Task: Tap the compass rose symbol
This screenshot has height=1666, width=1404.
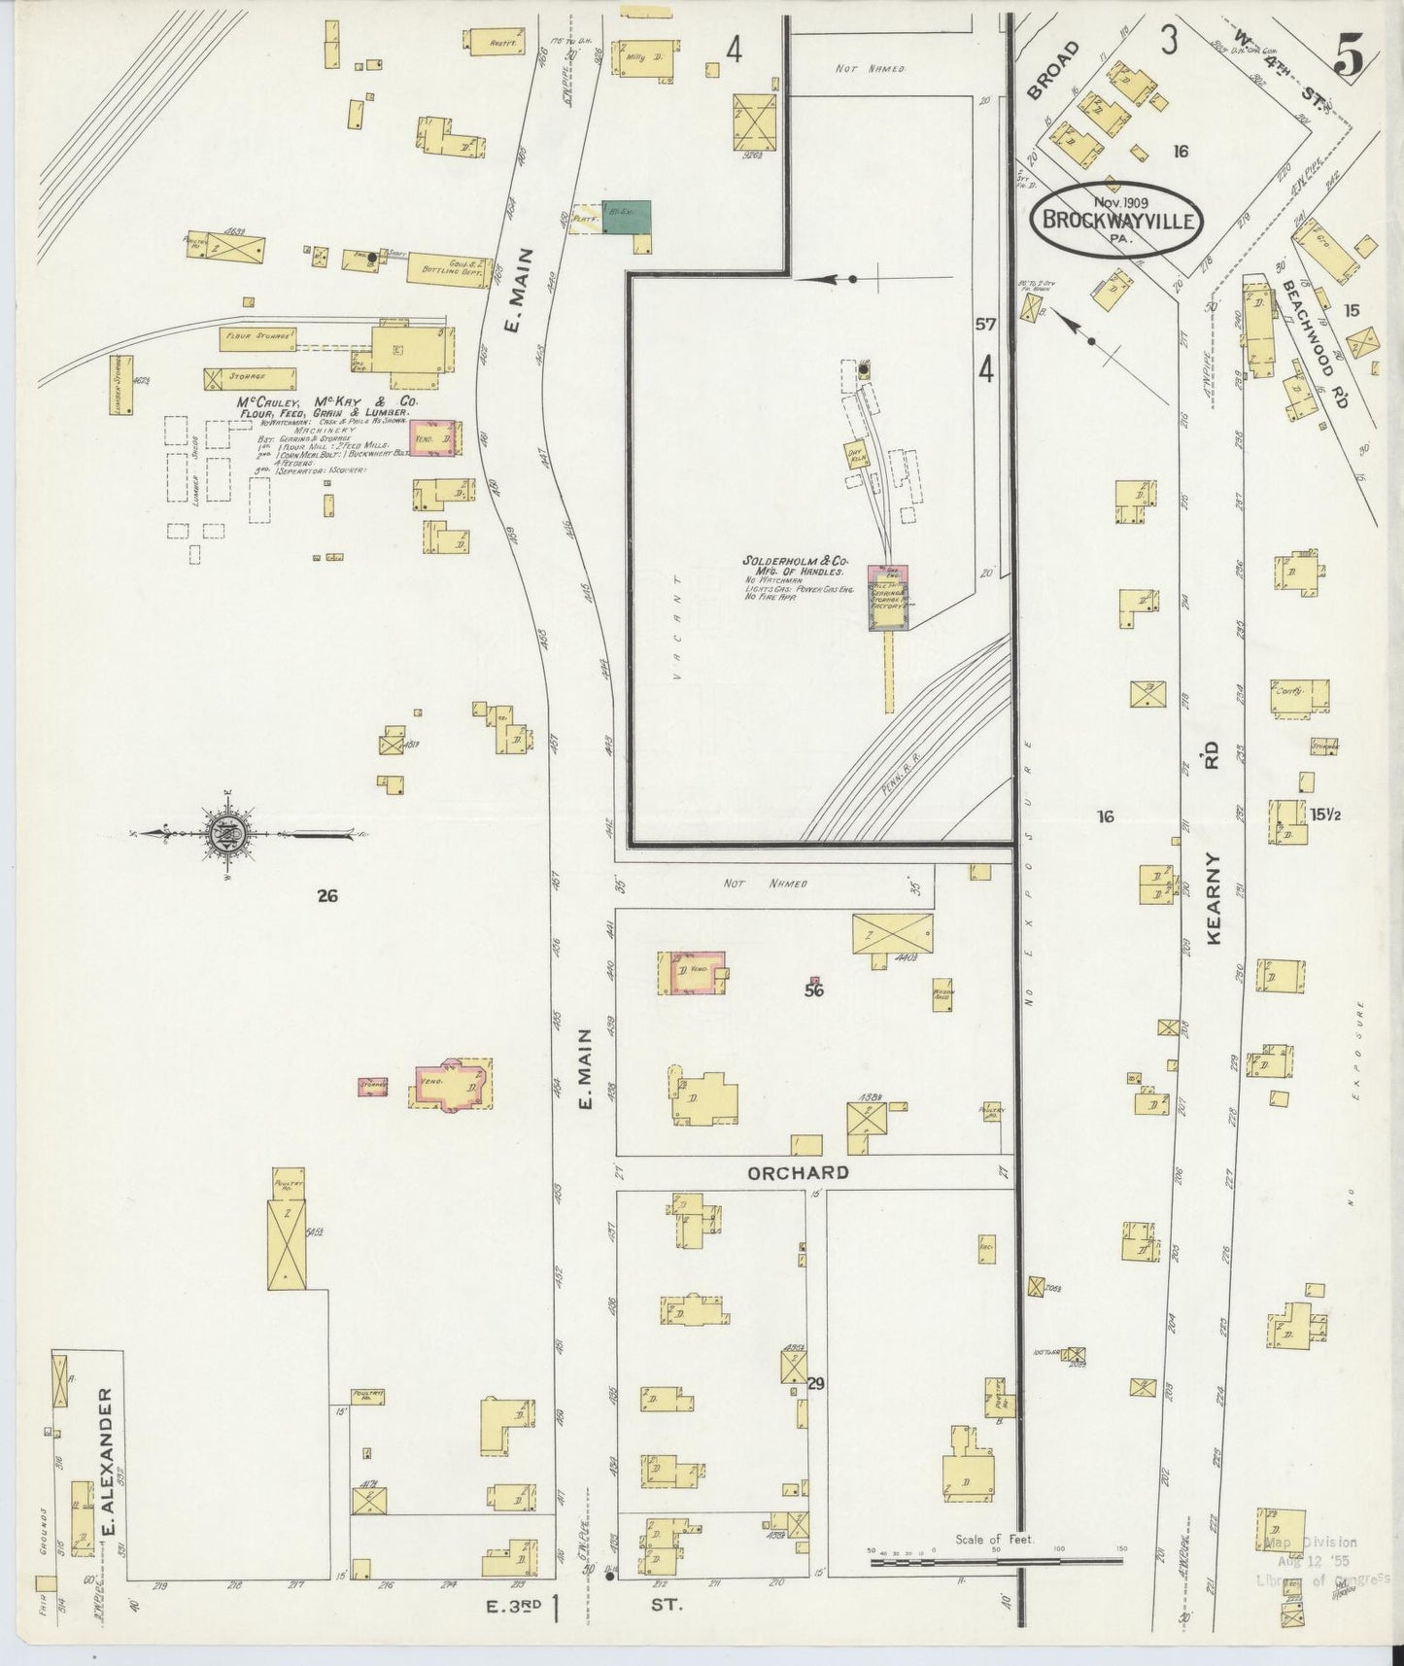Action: pyautogui.click(x=225, y=833)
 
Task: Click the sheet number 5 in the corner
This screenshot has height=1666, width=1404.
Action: pyautogui.click(x=1351, y=60)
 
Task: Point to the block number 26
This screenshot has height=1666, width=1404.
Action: pyautogui.click(x=327, y=896)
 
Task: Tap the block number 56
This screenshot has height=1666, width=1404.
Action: pyautogui.click(x=814, y=991)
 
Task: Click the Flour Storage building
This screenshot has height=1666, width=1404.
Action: pyautogui.click(x=257, y=337)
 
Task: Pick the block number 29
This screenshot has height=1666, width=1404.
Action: pyautogui.click(x=815, y=1383)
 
